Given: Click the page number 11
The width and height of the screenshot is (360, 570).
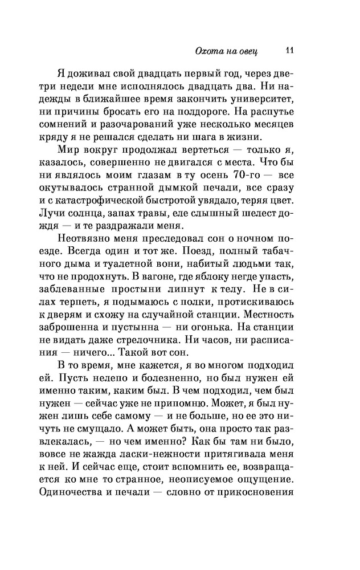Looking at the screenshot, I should point(289,51).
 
